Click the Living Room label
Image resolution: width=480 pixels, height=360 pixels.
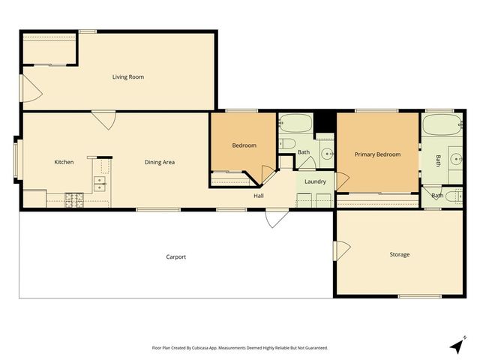tap(128, 76)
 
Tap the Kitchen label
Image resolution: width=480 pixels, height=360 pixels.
tap(64, 162)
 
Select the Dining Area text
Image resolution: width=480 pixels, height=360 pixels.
tap(160, 162)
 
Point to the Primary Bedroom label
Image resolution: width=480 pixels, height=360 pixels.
tap(377, 154)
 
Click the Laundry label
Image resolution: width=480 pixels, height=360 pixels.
tap(315, 181)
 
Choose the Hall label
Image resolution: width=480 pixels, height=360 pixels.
tap(258, 196)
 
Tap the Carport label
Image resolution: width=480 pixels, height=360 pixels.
tap(175, 257)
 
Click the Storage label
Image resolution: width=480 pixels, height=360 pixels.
tap(399, 254)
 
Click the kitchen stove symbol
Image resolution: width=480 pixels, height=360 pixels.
tap(74, 200)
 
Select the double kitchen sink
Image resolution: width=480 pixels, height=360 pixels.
tap(99, 185)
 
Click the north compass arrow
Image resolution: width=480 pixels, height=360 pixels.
tap(456, 346)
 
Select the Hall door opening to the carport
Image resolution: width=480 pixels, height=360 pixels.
tap(276, 218)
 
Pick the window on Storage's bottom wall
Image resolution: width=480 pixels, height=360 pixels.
tap(419, 296)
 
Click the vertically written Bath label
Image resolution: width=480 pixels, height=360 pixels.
tap(439, 160)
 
